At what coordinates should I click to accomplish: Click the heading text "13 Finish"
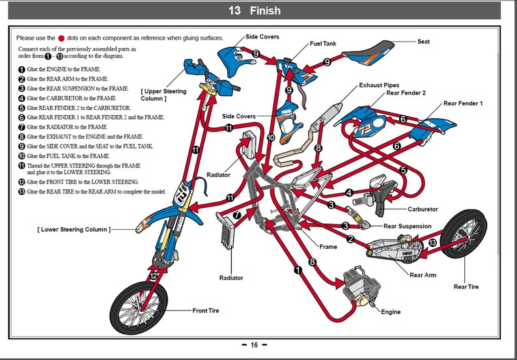[255, 10]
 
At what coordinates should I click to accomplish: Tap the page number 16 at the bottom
[254, 345]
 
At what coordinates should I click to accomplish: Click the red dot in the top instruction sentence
[61, 38]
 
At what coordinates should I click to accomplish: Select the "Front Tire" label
[205, 311]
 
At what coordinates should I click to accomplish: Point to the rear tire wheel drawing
[463, 234]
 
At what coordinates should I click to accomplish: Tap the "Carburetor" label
[423, 209]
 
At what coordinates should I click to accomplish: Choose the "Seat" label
[423, 42]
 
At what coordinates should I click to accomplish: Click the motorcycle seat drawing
[369, 53]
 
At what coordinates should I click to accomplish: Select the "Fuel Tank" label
[323, 44]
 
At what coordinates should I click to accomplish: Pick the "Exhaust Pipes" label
[379, 85]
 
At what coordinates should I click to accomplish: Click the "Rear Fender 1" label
[463, 104]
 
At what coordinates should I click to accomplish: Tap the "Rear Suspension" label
[407, 226]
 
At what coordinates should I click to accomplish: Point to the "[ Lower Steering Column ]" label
[74, 229]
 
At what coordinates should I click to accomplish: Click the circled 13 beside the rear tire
[432, 243]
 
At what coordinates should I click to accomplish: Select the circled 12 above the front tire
[153, 276]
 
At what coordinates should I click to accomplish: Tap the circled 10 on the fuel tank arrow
[271, 137]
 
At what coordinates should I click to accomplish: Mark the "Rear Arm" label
[423, 275]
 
